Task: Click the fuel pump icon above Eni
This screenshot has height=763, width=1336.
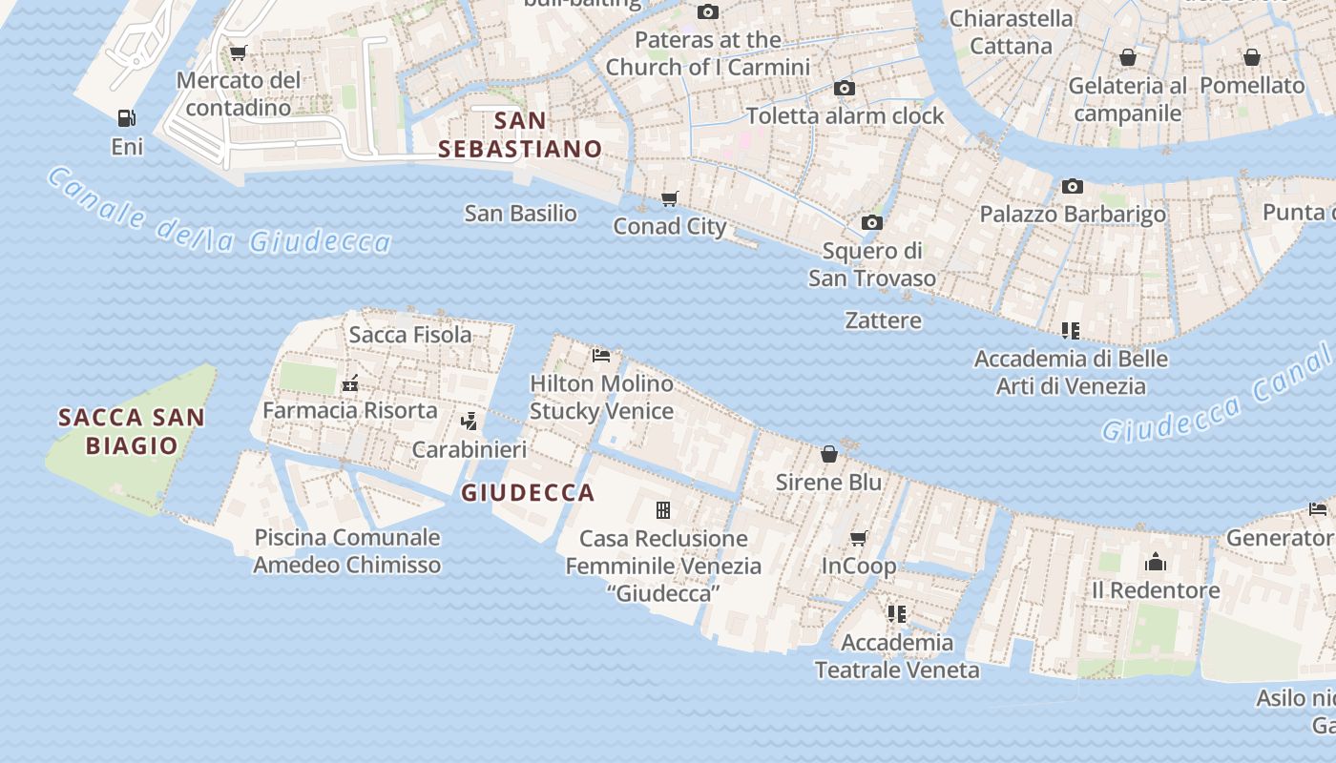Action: (126, 118)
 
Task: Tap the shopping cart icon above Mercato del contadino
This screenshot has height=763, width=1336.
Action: (238, 52)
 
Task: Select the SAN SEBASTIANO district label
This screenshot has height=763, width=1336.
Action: (520, 134)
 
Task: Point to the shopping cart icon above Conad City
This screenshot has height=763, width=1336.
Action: (670, 198)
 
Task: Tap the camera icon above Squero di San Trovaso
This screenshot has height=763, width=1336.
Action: (871, 222)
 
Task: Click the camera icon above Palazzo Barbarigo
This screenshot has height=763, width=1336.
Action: (1072, 186)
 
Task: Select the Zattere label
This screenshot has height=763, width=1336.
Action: (884, 320)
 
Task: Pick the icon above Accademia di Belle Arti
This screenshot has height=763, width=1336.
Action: (1071, 331)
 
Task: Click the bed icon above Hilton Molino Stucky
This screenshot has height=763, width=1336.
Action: (601, 355)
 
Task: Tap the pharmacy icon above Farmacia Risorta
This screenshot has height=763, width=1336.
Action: (350, 383)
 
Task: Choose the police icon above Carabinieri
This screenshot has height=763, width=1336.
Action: (469, 421)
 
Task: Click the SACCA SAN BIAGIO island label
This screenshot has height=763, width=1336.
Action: (132, 431)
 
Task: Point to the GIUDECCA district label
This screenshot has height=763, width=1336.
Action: (528, 493)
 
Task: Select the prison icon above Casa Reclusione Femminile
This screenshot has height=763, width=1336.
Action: (663, 510)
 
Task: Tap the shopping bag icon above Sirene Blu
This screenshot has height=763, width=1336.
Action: (829, 454)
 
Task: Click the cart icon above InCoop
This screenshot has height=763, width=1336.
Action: (859, 539)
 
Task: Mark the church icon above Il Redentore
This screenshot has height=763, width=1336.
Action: (1156, 562)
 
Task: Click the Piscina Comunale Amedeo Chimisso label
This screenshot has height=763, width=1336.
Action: (347, 550)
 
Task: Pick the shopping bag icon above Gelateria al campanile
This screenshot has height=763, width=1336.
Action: (1128, 58)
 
